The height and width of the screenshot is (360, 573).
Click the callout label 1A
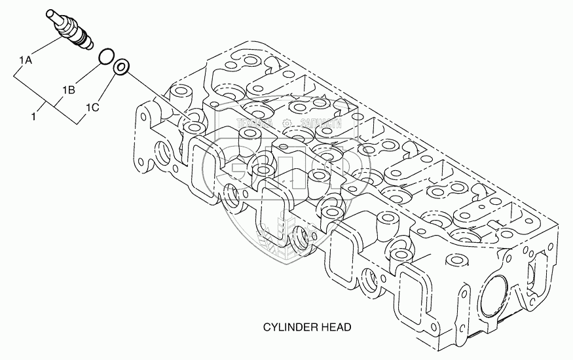(26, 62)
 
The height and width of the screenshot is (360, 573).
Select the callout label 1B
(69, 89)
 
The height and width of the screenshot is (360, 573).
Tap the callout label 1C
(92, 107)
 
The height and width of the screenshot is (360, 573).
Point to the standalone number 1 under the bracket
(33, 116)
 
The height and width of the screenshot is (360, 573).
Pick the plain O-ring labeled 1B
(105, 58)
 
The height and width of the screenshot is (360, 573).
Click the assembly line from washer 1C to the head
(157, 96)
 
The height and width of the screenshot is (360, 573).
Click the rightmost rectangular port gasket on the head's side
(419, 289)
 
